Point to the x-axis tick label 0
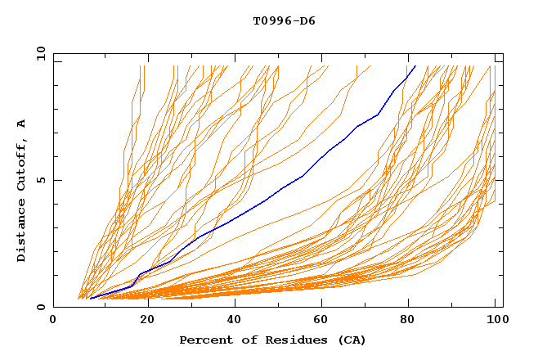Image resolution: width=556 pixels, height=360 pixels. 53,320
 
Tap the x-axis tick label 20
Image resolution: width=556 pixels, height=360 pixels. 147,320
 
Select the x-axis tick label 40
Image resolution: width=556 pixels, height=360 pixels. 235,320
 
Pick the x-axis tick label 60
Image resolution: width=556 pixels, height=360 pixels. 325,320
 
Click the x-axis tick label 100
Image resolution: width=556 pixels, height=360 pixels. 499,320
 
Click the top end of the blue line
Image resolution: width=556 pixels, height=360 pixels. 415,65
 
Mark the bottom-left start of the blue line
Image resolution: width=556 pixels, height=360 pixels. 90,299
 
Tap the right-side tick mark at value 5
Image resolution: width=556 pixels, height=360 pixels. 500,180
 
